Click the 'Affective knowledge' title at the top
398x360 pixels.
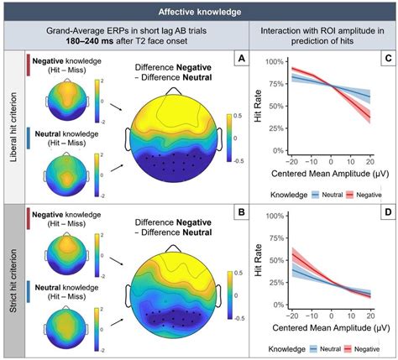(198, 12)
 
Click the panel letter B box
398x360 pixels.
(239, 214)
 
